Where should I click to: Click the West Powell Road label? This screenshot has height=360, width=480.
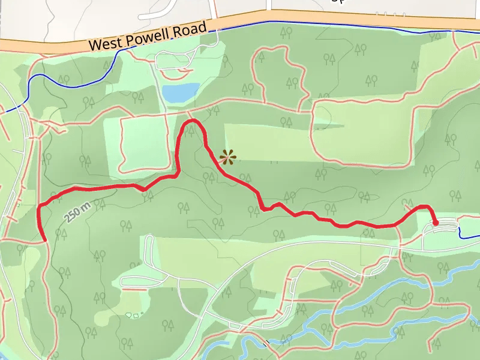tap(148, 36)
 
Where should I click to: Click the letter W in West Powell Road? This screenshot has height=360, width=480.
tap(92, 44)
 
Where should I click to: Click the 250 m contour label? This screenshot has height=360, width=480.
tap(78, 211)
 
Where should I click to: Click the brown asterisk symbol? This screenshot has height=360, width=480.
tap(228, 158)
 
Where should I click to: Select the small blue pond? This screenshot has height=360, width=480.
tap(180, 92)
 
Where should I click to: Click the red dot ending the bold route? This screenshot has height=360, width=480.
tap(436, 223)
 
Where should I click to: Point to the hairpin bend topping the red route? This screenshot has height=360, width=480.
tap(193, 121)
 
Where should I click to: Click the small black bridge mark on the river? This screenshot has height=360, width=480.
tap(266, 344)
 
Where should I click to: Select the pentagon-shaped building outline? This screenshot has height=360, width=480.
tap(128, 314)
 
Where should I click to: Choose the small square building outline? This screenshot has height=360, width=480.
tap(136, 314)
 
